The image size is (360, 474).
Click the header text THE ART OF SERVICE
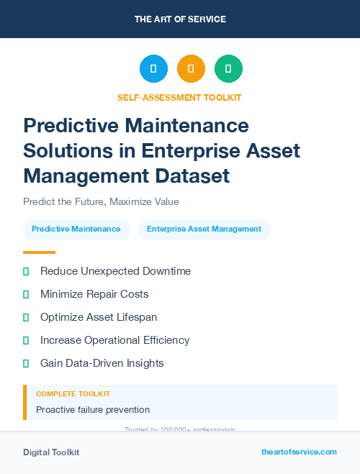tap(180, 19)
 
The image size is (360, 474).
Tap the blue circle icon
tap(153, 69)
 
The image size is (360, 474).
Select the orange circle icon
tap(191, 69)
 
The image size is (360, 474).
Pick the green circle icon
tap(228, 69)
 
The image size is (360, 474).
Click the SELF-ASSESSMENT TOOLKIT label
tap(179, 97)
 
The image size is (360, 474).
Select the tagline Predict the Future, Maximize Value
tap(101, 201)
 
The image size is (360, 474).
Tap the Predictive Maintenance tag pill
tap(76, 229)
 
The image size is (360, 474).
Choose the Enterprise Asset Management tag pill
tap(204, 229)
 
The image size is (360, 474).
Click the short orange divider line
tap(39, 252)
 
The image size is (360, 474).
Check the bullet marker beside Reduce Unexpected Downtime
tap(26, 271)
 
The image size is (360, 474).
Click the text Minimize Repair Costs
tap(94, 294)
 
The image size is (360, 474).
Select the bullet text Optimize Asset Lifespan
tap(99, 317)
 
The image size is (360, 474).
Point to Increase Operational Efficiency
tap(114, 340)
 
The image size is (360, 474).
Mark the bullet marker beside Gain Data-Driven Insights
tap(26, 363)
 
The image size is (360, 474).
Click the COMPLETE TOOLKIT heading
tap(73, 394)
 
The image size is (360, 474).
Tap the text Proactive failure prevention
tap(93, 410)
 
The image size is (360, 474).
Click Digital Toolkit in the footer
tap(51, 452)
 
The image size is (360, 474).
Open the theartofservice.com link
tap(299, 452)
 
